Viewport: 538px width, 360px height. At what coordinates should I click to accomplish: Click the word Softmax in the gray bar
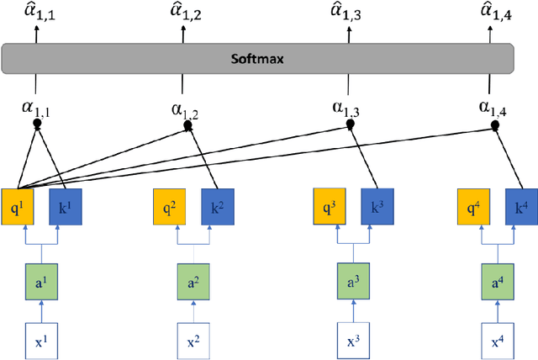click(x=258, y=60)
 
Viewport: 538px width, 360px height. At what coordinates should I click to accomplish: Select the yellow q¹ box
click(x=18, y=205)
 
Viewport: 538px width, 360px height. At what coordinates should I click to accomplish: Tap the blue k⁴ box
click(x=520, y=205)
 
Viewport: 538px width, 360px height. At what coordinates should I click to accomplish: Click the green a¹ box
click(x=37, y=279)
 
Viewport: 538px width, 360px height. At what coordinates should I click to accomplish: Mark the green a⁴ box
click(x=498, y=279)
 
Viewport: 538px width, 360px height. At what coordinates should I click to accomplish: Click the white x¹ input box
click(x=37, y=341)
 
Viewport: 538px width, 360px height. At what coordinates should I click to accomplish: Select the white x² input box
click(x=193, y=341)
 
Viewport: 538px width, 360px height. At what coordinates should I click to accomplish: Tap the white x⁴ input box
click(x=498, y=341)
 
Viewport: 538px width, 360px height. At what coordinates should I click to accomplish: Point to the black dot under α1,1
click(x=36, y=124)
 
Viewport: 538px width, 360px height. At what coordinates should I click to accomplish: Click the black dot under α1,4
click(x=494, y=126)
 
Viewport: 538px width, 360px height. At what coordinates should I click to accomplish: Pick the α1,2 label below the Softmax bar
click(x=185, y=111)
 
